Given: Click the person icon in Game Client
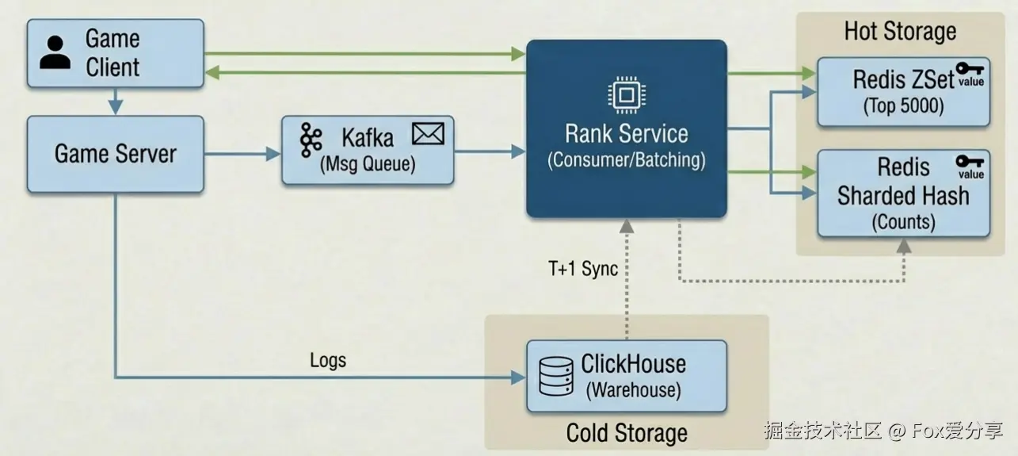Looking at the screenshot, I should [55, 52].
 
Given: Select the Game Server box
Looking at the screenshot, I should [115, 154].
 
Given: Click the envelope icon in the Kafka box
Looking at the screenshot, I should [428, 134].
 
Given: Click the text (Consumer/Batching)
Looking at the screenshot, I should [626, 159].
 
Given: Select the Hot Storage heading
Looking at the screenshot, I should [900, 32].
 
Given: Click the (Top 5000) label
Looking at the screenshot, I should [903, 105].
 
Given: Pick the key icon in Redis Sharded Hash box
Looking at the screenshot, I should [970, 162].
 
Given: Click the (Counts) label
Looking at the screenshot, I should [903, 221].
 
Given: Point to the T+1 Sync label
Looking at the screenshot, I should [583, 269].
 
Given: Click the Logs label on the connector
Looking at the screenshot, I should [328, 360].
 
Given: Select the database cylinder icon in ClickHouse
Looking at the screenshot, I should [555, 376].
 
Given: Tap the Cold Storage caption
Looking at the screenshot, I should [627, 433].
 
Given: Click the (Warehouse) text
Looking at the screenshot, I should [633, 390].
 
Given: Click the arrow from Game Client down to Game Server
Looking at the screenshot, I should [116, 101].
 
